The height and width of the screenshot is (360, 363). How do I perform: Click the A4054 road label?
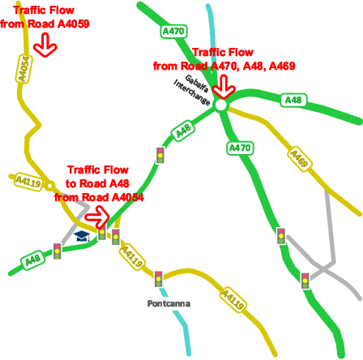click(23, 69)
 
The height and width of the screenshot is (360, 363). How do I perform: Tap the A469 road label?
click(299, 159)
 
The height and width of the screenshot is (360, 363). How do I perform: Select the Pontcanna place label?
click(169, 304)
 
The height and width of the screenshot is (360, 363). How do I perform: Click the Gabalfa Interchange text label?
click(194, 90)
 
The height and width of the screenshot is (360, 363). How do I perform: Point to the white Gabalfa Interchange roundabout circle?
click(221, 105)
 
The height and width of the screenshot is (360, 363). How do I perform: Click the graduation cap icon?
click(82, 236)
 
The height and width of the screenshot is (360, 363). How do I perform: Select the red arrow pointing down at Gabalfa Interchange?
click(224, 86)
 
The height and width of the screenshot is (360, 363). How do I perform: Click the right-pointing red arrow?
click(96, 215)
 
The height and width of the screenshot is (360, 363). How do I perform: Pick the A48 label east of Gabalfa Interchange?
click(293, 100)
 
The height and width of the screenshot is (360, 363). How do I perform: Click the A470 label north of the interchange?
click(173, 31)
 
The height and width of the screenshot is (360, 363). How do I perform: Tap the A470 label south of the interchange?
click(239, 148)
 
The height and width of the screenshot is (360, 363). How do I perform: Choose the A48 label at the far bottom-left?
click(32, 260)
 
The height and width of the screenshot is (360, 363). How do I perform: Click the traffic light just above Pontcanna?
click(158, 279)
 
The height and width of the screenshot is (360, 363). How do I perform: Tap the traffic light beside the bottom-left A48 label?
click(58, 251)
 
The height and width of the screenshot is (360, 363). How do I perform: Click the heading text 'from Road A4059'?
click(45, 24)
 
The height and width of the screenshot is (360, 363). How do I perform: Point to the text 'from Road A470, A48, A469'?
click(224, 66)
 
